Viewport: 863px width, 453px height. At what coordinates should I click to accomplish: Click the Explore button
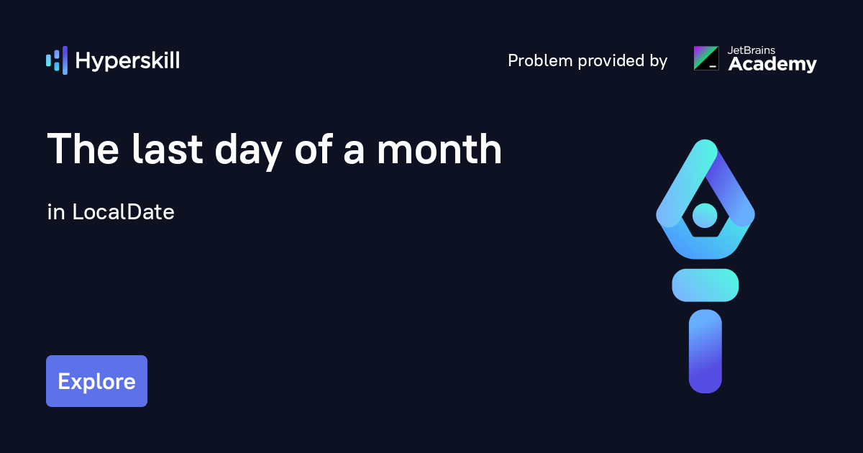tap(96, 381)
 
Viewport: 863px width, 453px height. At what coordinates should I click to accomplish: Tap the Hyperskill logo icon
tap(57, 60)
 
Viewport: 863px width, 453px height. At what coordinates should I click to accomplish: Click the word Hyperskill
tap(127, 61)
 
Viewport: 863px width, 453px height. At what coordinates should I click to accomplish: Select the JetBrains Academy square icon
tap(706, 58)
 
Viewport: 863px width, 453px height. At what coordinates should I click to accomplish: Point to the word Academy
tap(772, 64)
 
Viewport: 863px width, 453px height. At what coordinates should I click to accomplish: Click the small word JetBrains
tap(752, 50)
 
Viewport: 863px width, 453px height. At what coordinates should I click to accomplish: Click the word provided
tap(611, 60)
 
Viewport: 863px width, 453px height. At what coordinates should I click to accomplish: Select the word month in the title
tap(439, 149)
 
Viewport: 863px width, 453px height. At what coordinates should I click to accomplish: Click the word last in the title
tap(167, 149)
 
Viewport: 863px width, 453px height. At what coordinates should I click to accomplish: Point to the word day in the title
tap(249, 151)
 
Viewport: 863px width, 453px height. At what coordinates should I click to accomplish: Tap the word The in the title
tap(83, 149)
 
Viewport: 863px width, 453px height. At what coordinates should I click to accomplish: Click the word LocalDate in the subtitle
tap(123, 212)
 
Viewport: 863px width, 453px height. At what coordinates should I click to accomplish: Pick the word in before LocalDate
tap(56, 212)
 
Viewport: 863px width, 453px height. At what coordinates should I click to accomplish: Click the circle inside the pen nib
tap(705, 215)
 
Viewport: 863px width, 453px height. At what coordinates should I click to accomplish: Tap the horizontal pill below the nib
tap(705, 285)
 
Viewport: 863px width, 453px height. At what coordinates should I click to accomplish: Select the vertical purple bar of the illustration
tap(705, 352)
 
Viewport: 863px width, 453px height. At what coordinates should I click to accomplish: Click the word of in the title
tap(314, 149)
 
